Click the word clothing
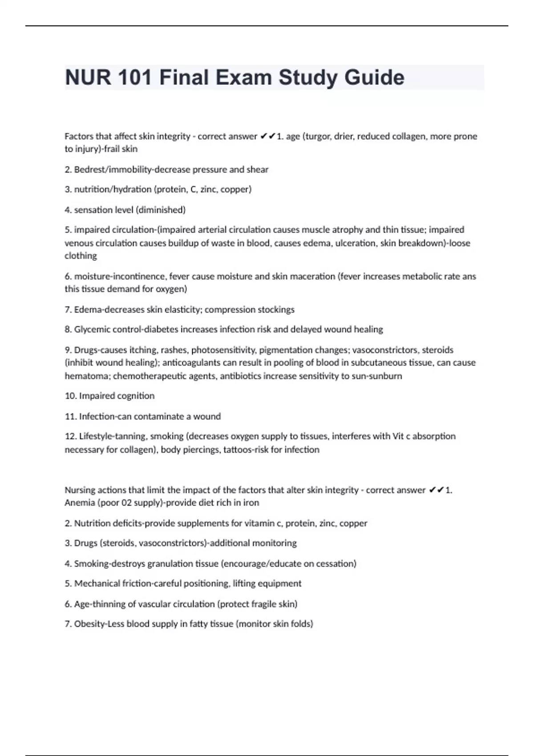[x=81, y=256]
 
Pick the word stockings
[x=273, y=310]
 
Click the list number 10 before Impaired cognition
[x=70, y=396]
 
